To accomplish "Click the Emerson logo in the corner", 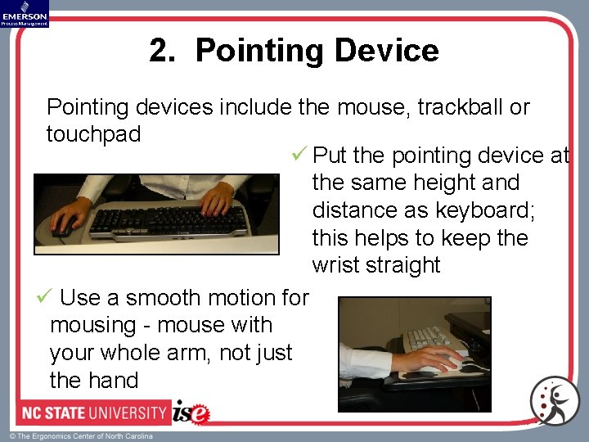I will [25, 13].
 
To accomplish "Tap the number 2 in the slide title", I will [160, 51].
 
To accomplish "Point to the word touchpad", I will [95, 133].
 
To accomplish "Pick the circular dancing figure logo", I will [554, 401].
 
